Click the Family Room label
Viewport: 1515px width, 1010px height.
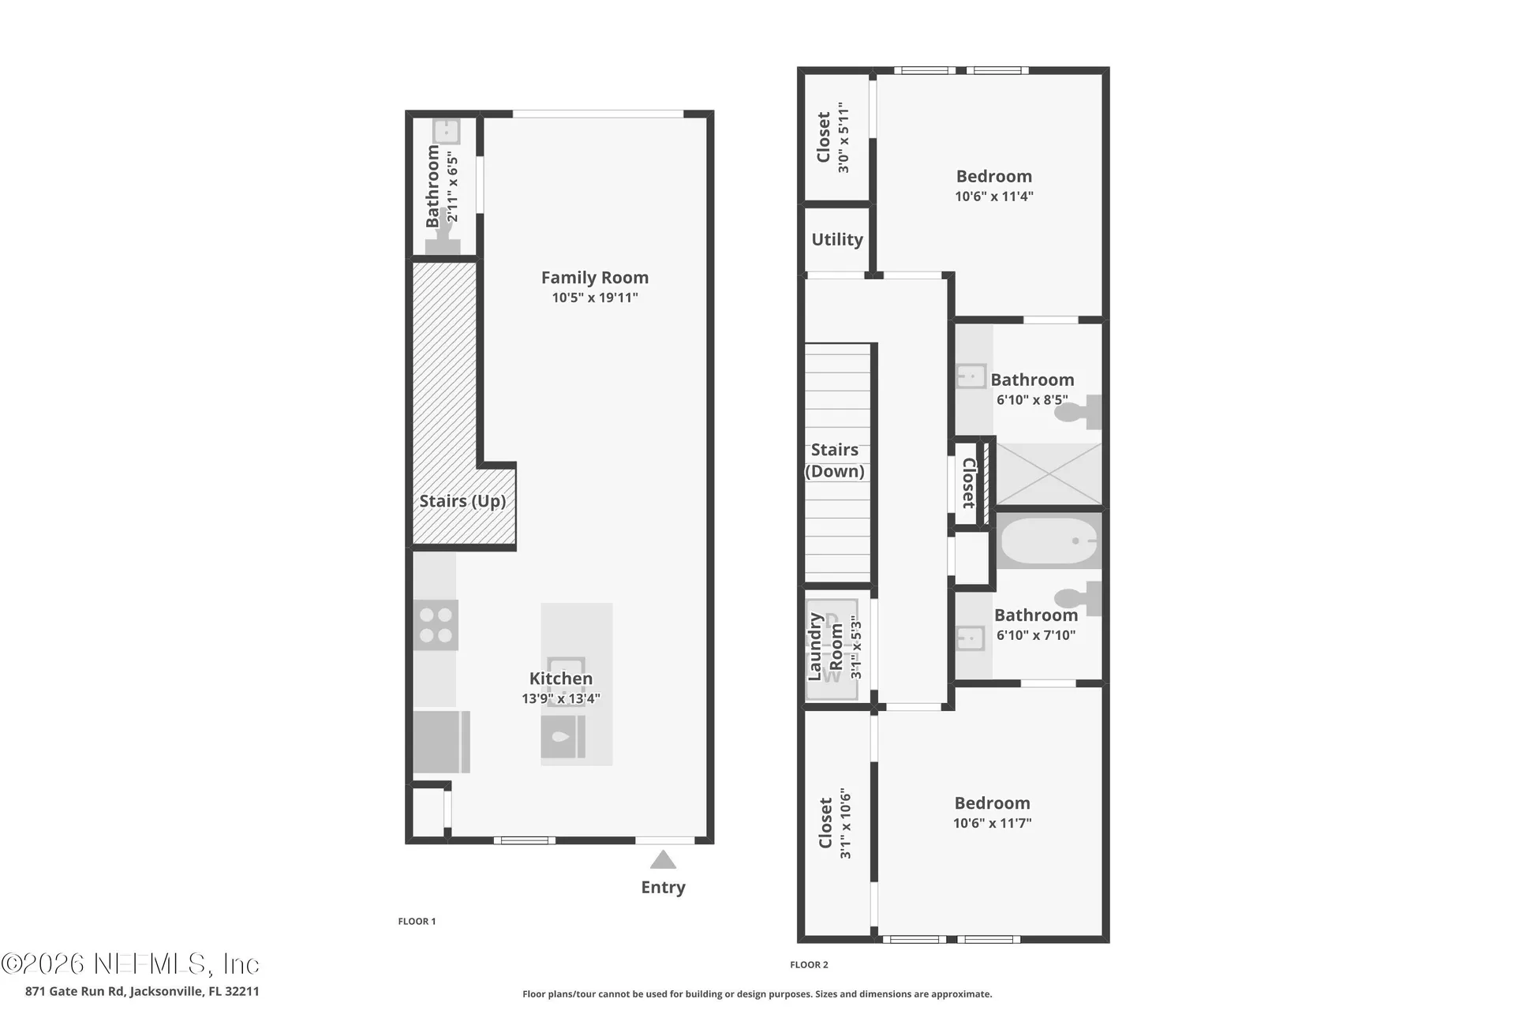595,278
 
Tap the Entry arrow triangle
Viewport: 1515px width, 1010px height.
663,859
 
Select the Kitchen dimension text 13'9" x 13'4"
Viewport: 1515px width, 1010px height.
561,698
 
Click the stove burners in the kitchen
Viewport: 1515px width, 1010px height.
436,624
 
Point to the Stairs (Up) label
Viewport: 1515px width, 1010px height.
462,501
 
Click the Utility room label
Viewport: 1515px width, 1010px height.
837,240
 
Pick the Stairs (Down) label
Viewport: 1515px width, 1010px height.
835,461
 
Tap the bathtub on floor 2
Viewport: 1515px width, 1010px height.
1049,541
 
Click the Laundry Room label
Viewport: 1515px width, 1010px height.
825,646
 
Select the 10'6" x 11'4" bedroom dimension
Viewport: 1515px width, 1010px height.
994,196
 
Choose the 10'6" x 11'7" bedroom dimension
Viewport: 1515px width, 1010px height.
993,823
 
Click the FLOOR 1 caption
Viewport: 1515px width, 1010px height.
417,921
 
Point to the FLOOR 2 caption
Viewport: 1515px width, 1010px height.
809,964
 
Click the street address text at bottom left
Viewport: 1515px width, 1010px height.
142,991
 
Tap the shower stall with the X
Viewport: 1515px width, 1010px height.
1049,473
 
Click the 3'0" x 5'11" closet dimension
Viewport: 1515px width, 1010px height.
844,137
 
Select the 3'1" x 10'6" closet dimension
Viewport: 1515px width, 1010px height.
845,823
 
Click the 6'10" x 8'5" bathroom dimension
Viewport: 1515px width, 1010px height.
1032,400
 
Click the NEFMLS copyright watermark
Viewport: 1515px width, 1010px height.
130,964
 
